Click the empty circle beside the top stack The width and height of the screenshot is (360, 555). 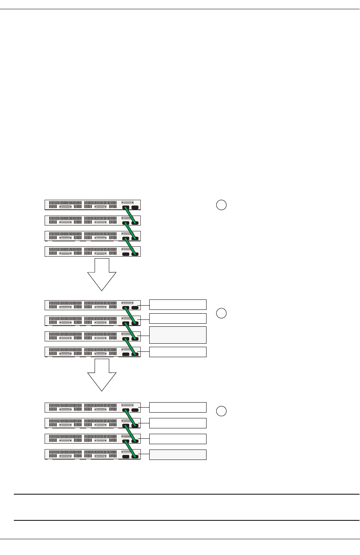click(x=221, y=205)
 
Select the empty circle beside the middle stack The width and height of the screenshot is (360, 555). click(x=221, y=313)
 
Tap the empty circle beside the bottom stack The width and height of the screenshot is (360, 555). click(x=221, y=411)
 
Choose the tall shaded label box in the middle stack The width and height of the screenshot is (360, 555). click(x=178, y=335)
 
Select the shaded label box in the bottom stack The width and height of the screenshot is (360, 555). click(x=178, y=455)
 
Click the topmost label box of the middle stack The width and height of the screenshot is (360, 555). click(x=178, y=304)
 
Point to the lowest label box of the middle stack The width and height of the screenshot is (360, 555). click(x=178, y=352)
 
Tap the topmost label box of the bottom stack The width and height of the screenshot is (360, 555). click(x=178, y=407)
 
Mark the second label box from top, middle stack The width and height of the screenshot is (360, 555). click(x=178, y=318)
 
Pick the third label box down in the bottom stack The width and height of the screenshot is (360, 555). click(x=178, y=439)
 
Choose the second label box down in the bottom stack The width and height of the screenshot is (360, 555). click(x=178, y=423)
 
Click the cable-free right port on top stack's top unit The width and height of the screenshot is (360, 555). click(x=135, y=208)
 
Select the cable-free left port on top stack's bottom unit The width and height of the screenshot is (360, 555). click(x=126, y=254)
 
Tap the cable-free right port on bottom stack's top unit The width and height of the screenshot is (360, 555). click(x=135, y=410)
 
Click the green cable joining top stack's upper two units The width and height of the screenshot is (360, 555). click(x=130, y=216)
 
